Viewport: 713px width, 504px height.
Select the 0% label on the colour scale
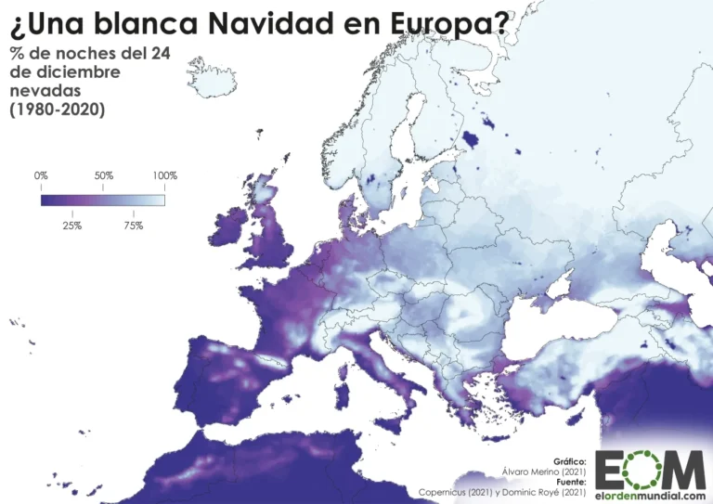[x=41, y=175]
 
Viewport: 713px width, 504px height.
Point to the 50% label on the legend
[x=103, y=175]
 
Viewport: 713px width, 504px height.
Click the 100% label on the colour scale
[x=164, y=175]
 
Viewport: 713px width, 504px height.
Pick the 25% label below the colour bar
[x=72, y=226]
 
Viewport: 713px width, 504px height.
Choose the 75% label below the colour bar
[x=133, y=226]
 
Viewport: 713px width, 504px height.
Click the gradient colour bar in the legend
[x=103, y=200]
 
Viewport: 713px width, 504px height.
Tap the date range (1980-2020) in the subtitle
[x=58, y=110]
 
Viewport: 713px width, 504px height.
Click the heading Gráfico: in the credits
[x=569, y=460]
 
